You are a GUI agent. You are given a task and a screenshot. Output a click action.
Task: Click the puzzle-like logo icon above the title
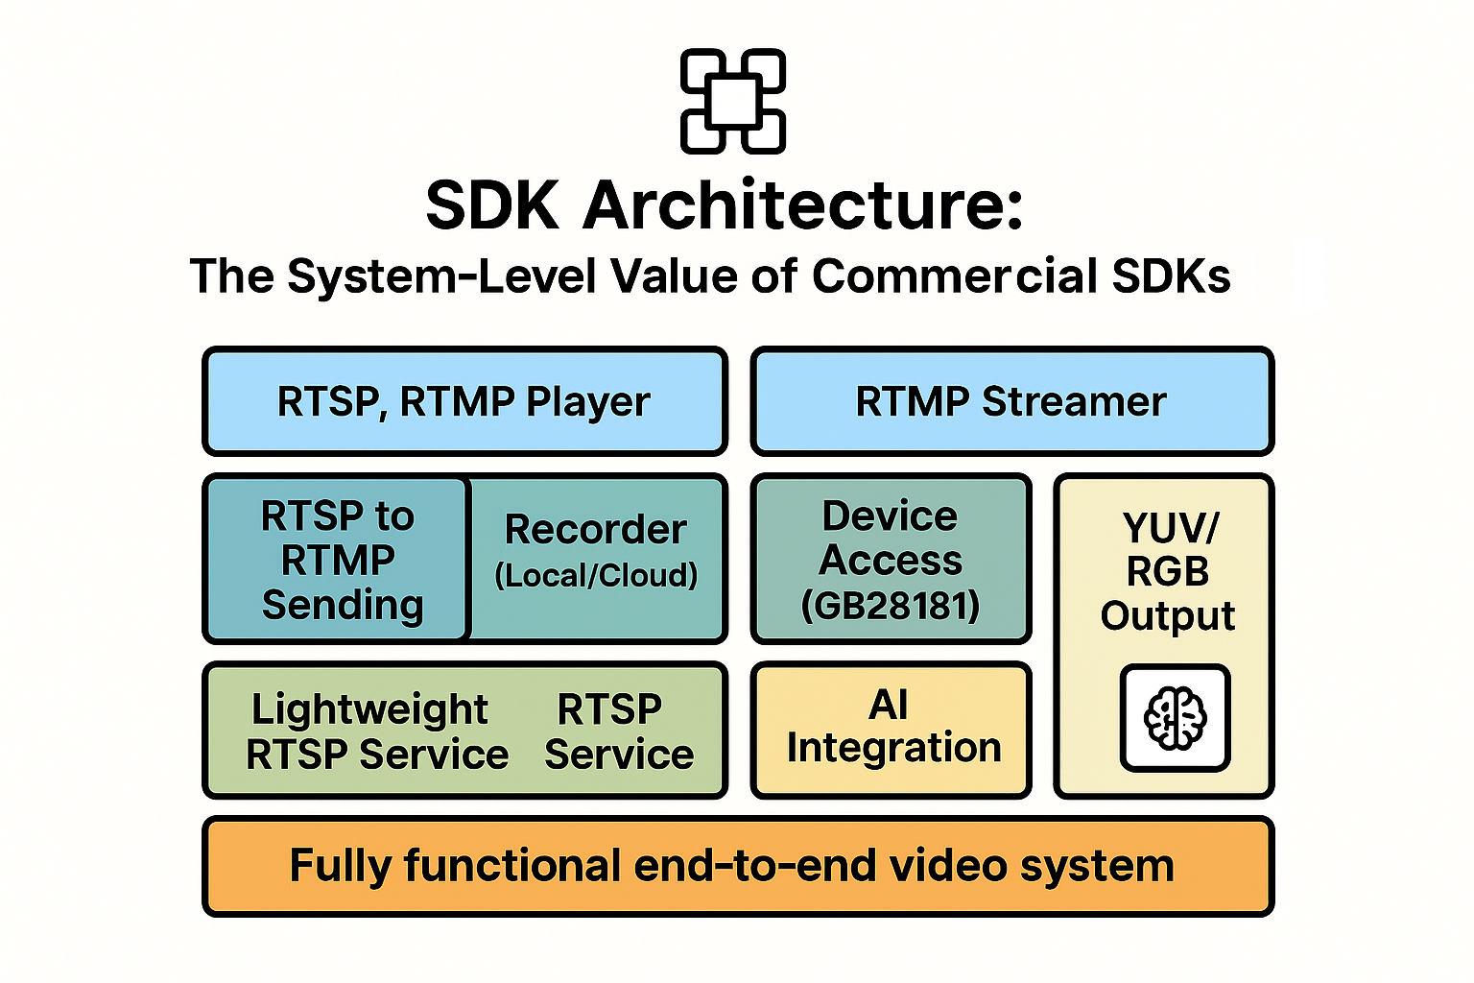732,102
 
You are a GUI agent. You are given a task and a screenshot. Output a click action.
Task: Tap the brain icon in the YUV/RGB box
1176,718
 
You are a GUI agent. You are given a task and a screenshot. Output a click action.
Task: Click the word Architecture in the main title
803,204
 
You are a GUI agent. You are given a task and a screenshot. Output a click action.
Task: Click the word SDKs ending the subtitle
1172,276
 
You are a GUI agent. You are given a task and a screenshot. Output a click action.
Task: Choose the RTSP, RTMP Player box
464,401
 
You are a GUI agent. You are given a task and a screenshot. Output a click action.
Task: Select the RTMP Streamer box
1012,401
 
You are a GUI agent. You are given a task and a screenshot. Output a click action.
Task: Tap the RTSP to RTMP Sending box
337,559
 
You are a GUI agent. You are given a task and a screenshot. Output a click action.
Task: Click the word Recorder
596,529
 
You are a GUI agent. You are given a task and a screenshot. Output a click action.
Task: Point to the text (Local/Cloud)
596,575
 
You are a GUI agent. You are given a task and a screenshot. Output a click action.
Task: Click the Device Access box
891,559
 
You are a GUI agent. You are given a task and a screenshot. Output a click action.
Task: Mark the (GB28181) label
891,606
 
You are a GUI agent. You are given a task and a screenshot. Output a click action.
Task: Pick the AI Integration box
891,731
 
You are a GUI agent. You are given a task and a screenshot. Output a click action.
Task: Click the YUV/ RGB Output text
1168,571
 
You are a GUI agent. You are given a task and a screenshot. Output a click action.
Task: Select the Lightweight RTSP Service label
377,731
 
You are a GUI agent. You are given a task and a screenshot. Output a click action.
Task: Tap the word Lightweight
369,710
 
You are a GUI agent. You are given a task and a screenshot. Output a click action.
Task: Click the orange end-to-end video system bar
738,867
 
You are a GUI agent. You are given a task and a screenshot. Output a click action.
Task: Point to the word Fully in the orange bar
341,867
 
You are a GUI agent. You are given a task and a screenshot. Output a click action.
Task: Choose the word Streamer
1074,401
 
